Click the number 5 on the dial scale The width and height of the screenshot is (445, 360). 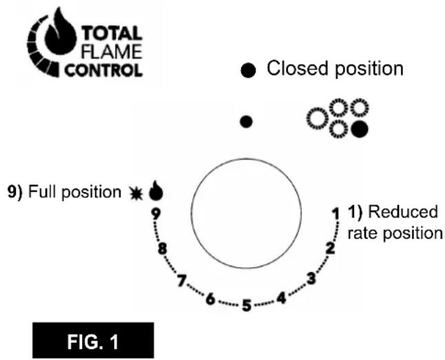pyautogui.click(x=247, y=306)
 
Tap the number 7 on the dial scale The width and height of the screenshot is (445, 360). pyautogui.click(x=182, y=281)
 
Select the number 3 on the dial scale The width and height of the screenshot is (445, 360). pyautogui.click(x=311, y=278)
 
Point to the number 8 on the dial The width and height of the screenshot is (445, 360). pyautogui.click(x=162, y=249)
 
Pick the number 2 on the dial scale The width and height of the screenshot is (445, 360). pyautogui.click(x=330, y=248)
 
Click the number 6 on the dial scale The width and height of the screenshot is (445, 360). pyautogui.click(x=210, y=299)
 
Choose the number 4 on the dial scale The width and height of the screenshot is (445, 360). pyautogui.click(x=281, y=298)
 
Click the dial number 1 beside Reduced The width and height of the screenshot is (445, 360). pyautogui.click(x=336, y=213)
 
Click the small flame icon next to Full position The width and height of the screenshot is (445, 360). pyautogui.click(x=156, y=191)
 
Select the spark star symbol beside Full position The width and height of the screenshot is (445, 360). pyautogui.click(x=136, y=193)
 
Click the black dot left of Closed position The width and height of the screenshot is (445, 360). pyautogui.click(x=248, y=70)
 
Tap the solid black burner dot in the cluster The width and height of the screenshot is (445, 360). pyautogui.click(x=360, y=129)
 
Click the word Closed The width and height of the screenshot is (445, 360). pyautogui.click(x=298, y=68)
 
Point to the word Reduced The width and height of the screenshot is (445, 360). pyautogui.click(x=403, y=212)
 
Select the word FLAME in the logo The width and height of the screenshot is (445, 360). pyautogui.click(x=112, y=52)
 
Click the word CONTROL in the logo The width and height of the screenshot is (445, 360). pyautogui.click(x=103, y=70)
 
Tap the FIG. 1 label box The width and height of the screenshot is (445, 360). pyautogui.click(x=93, y=340)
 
